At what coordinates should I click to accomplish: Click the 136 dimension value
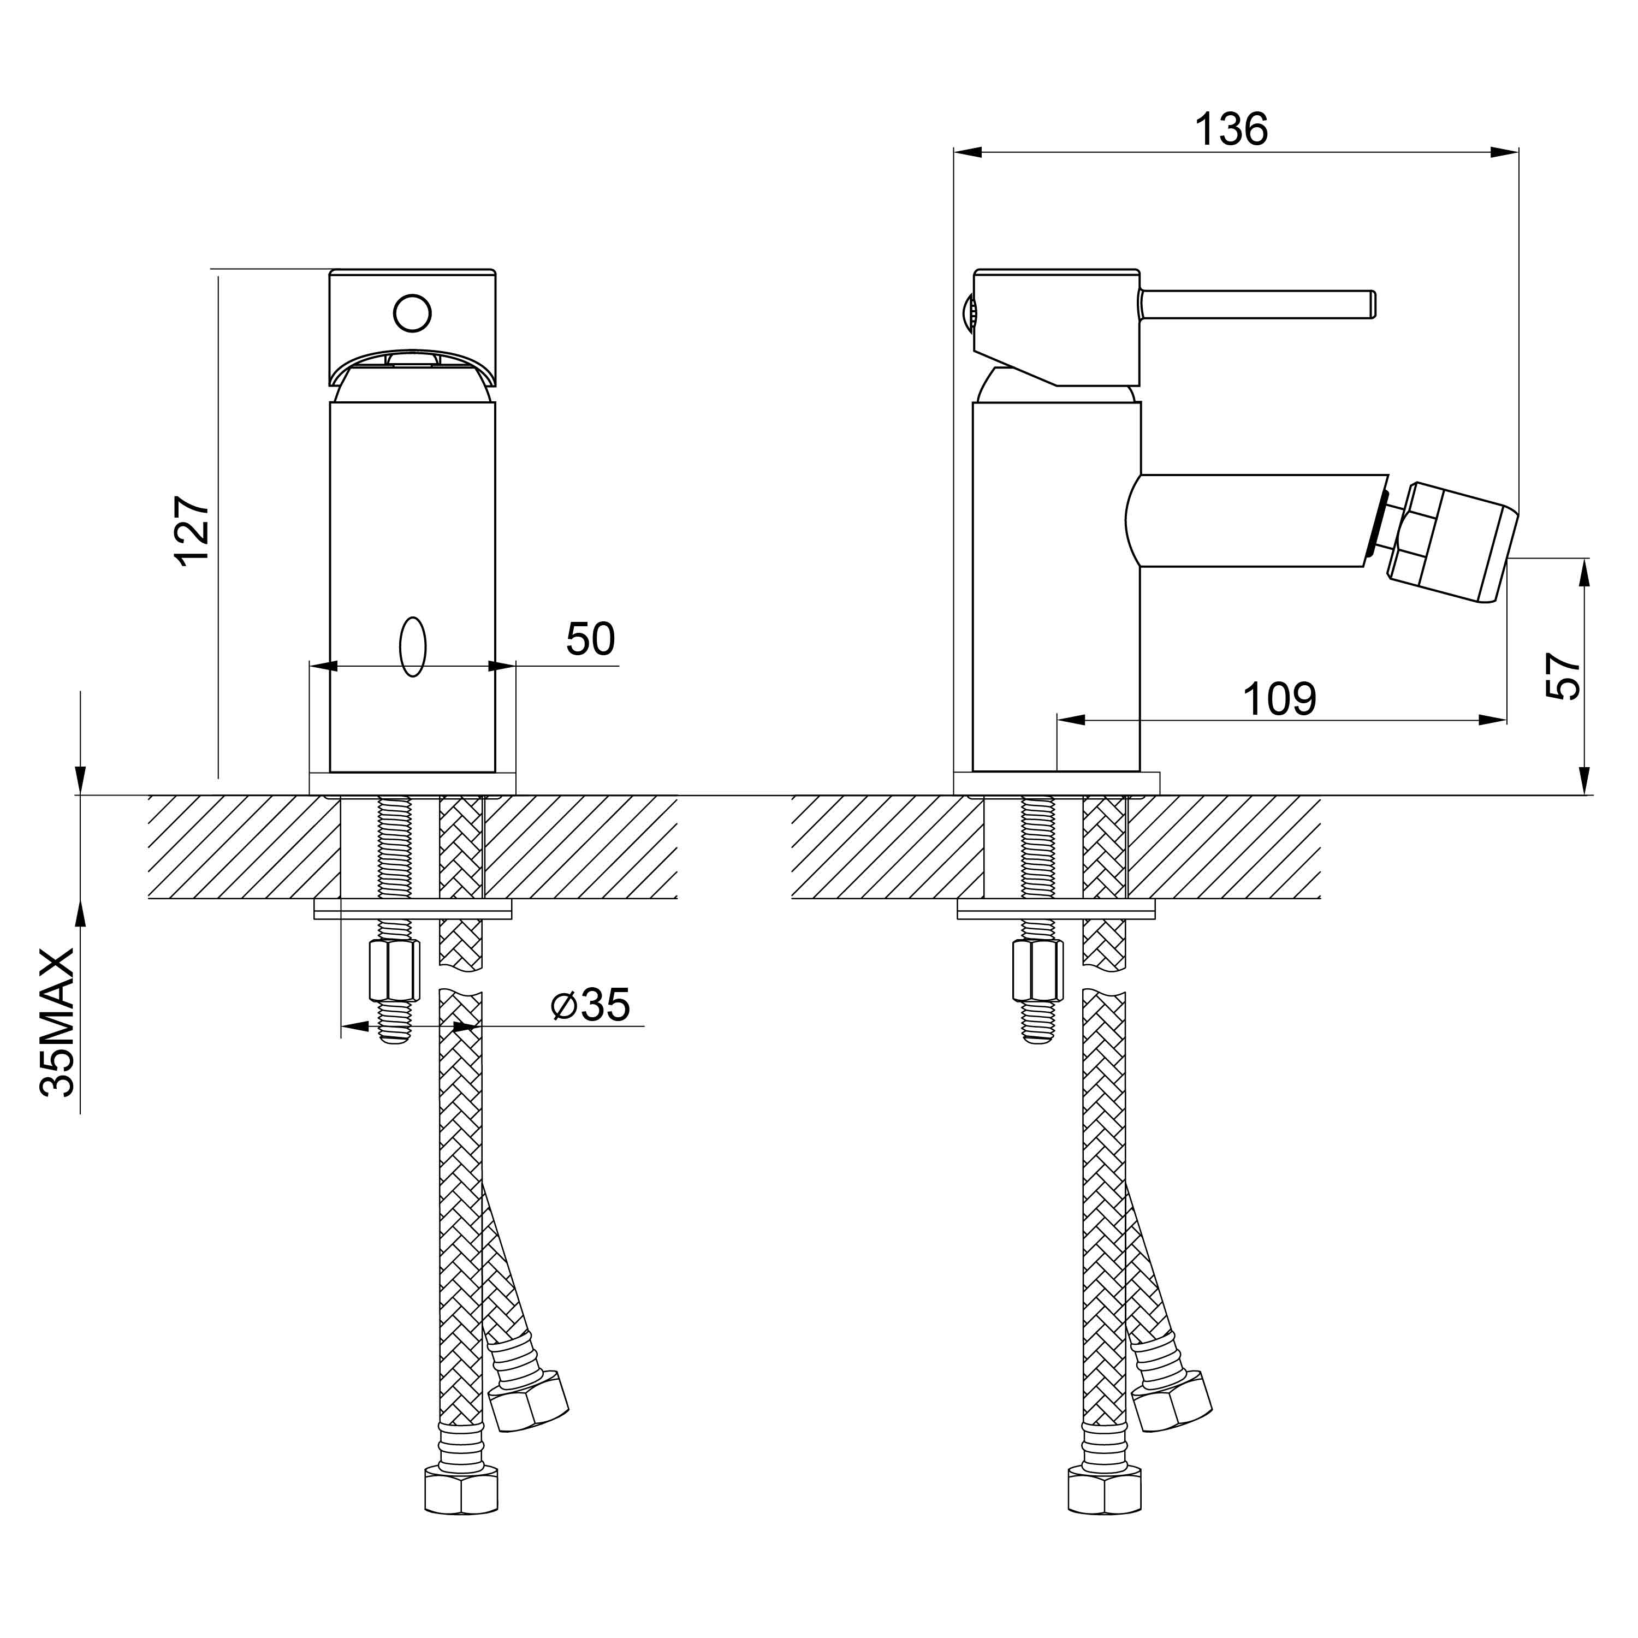point(1231,130)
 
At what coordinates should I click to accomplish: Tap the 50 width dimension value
point(590,639)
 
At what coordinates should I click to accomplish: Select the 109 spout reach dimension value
point(1279,699)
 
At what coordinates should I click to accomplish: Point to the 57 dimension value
point(1563,676)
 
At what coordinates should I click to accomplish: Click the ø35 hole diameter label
point(590,1006)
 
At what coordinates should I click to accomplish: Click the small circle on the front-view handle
point(412,313)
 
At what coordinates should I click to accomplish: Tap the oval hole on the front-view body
point(412,647)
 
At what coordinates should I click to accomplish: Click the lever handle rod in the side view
point(1257,304)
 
